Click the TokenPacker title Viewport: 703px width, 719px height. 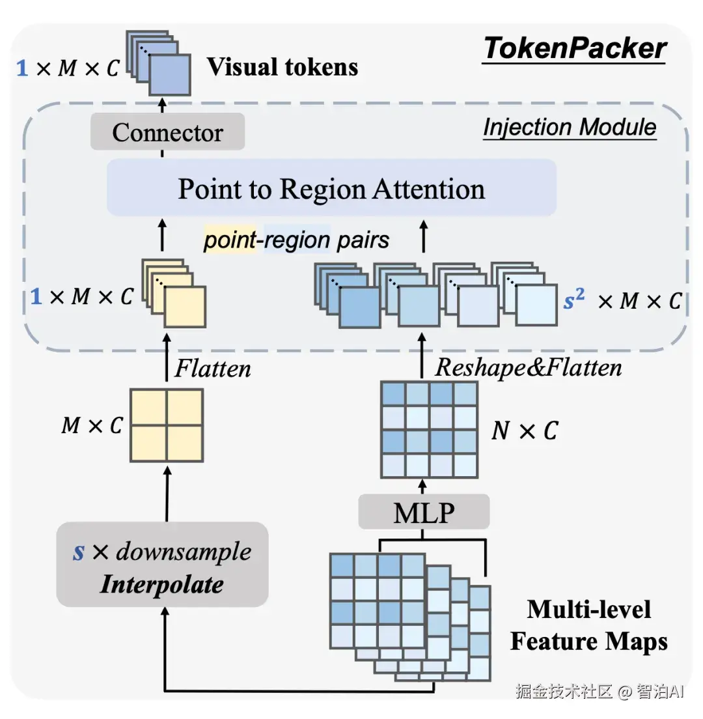pos(575,48)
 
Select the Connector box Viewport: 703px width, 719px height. pos(167,132)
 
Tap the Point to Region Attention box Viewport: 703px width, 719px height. pos(332,188)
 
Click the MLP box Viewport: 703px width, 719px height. pos(424,512)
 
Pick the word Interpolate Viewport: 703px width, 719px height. pos(162,584)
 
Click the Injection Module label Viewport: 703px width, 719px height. pos(570,127)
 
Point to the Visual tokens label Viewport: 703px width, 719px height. pos(283,67)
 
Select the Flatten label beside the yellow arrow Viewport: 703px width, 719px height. pos(213,368)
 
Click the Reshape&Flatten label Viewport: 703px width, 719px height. pos(529,367)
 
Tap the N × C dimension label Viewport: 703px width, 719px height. pos(525,430)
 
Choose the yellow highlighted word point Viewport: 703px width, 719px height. pos(230,240)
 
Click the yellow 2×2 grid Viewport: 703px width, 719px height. pos(167,425)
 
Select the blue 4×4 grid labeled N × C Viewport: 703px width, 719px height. pos(430,430)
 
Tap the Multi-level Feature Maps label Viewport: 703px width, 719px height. pos(589,625)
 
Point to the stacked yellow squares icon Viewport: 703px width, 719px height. pos(174,294)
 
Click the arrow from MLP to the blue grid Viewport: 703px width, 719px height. pos(422,486)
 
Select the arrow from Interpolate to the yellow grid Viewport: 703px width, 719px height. pos(167,494)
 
